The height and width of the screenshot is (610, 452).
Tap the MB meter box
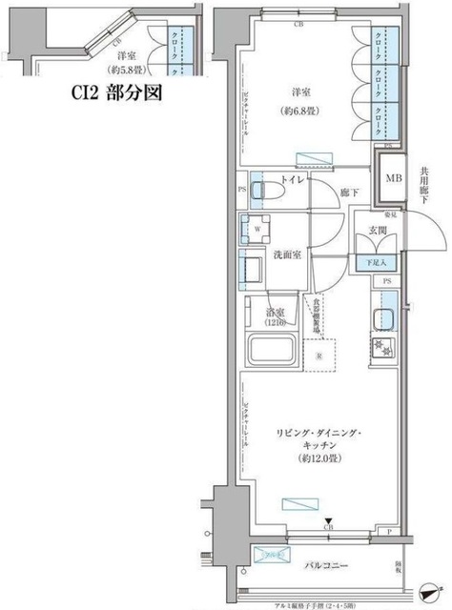tap(391, 178)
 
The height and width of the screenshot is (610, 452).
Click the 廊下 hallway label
tap(349, 193)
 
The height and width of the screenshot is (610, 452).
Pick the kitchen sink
tap(386, 319)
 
